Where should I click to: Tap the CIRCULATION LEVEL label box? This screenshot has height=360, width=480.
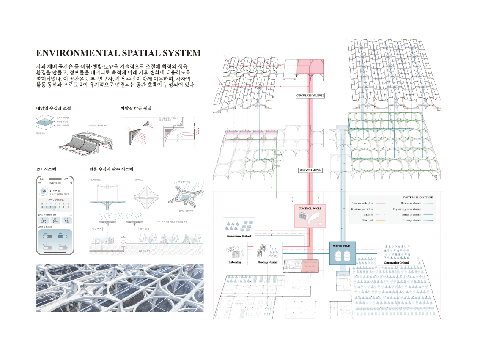click(310, 96)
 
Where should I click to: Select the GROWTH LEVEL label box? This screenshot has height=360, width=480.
click(310, 170)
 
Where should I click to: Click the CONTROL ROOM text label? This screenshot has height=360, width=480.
click(310, 209)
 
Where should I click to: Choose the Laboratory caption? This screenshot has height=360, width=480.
click(235, 262)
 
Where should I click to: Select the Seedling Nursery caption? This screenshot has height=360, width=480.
click(268, 262)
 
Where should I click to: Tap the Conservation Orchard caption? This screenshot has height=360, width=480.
click(396, 262)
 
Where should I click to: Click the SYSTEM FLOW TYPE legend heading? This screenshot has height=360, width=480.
click(418, 197)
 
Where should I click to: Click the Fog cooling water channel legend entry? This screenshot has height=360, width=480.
click(406, 209)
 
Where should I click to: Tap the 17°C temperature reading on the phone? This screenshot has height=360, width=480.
click(44, 221)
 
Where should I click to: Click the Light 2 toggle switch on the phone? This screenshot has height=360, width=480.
click(61, 236)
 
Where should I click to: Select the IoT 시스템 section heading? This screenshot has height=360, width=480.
click(47, 169)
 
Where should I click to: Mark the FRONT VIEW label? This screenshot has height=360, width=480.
click(95, 180)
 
